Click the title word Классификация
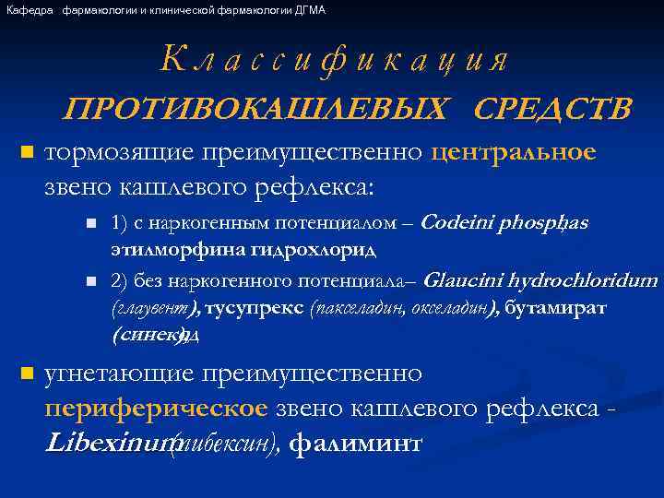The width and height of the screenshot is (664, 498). pos(334,61)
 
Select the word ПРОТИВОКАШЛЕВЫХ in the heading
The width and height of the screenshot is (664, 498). pos(258,109)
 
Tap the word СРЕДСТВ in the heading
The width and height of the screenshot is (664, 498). pos(552,109)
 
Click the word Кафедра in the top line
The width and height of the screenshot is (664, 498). pos(29,10)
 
